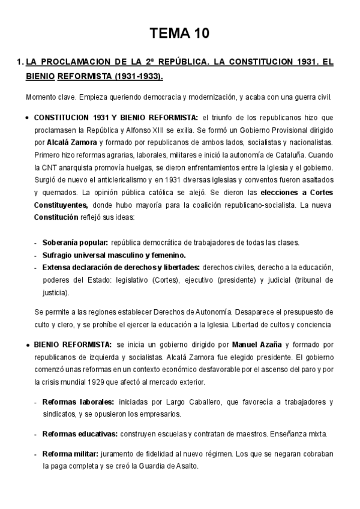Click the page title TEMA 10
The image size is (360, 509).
click(179, 34)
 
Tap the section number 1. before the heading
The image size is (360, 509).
click(20, 62)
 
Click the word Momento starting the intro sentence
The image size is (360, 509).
click(41, 97)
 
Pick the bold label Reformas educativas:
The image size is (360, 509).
click(80, 433)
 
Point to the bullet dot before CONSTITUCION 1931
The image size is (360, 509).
click(28, 118)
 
